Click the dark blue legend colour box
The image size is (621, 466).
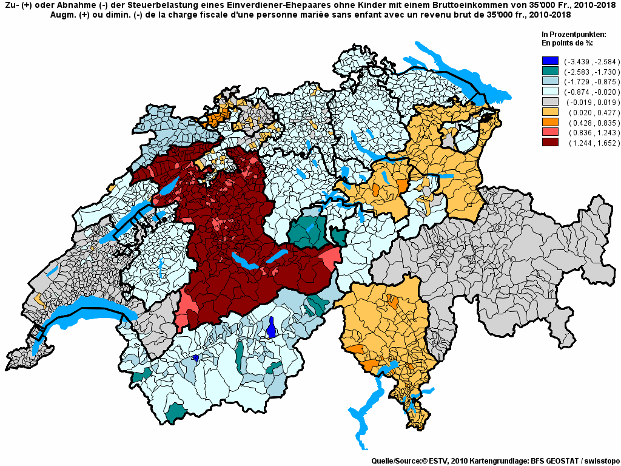pyautogui.click(x=550, y=61)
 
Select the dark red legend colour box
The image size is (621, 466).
pyautogui.click(x=550, y=143)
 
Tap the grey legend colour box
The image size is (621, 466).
pyautogui.click(x=550, y=102)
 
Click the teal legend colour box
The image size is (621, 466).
pyautogui.click(x=550, y=71)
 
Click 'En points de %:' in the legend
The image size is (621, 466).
pyautogui.click(x=566, y=43)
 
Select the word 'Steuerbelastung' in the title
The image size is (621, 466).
pyautogui.click(x=150, y=5)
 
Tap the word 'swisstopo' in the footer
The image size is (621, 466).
pyautogui.click(x=599, y=461)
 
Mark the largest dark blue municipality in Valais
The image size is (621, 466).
pyautogui.click(x=272, y=328)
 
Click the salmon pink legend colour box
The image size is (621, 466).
pyautogui.click(x=550, y=133)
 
